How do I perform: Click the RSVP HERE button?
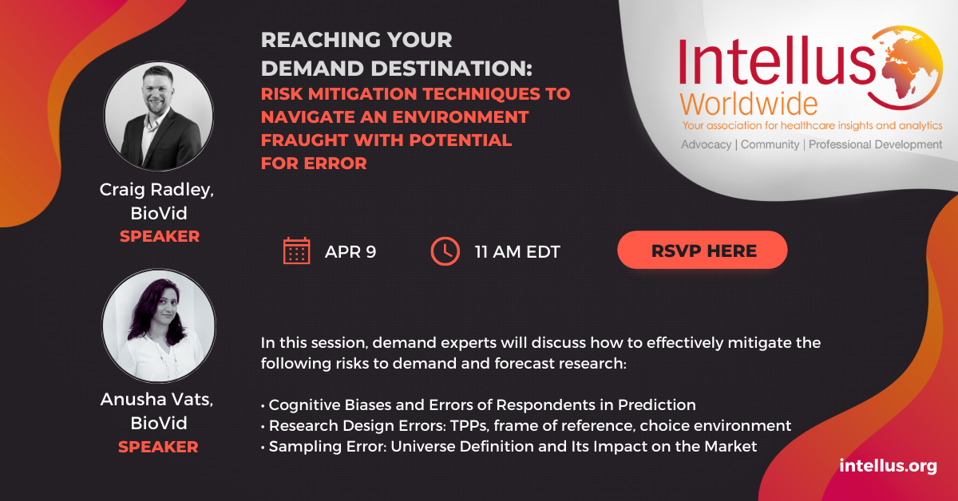(703, 250)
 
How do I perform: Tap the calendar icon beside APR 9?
(296, 251)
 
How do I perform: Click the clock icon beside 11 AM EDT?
(445, 251)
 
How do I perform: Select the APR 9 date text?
(350, 252)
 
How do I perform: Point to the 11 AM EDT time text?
(517, 252)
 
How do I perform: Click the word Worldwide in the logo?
(749, 104)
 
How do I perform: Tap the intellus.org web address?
(888, 466)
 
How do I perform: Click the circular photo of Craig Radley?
(159, 116)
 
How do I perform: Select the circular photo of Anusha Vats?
(159, 325)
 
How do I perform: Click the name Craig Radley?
(156, 190)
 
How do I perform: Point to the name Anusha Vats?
(156, 399)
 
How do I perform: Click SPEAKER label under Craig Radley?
(160, 236)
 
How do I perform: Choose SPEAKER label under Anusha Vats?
(158, 447)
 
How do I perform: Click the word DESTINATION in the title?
(451, 69)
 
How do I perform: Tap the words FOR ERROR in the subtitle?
(314, 164)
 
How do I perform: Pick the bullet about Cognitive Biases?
(478, 404)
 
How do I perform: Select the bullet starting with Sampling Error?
(509, 446)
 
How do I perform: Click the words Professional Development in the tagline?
(875, 144)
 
